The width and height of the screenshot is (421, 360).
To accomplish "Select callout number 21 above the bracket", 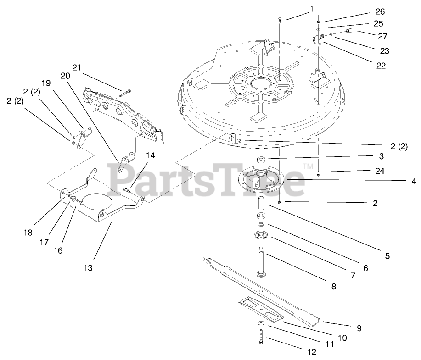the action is tap(77, 67).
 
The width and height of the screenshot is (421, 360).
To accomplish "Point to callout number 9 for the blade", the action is tap(359, 328).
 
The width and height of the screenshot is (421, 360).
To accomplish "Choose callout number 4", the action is tap(413, 181).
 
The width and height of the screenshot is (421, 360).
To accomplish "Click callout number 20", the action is tap(65, 75).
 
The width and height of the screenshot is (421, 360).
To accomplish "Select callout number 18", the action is tap(28, 233).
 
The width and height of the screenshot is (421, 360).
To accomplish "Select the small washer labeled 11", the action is tap(261, 324).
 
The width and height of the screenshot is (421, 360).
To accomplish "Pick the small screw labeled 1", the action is tap(280, 19).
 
